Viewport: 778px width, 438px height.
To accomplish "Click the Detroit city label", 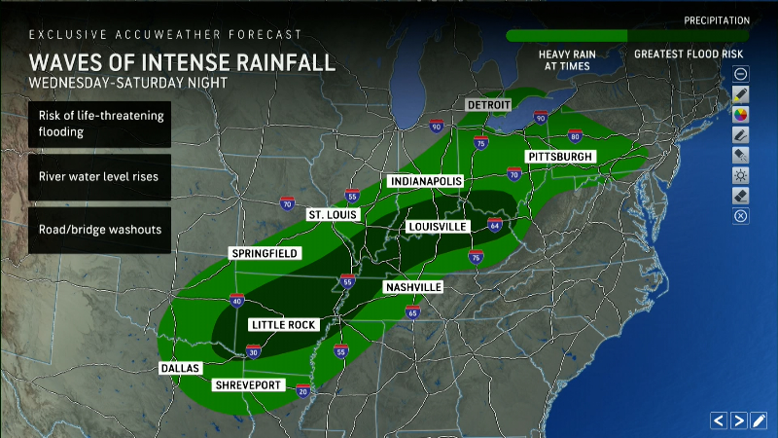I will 490,104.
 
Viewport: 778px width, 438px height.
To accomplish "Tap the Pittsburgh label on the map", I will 559,156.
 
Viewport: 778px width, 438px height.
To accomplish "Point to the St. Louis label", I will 334,214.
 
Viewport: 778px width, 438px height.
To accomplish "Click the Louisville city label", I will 438,227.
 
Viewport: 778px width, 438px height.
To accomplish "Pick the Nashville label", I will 413,287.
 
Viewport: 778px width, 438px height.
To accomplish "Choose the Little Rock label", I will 283,324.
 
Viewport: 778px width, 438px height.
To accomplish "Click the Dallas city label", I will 180,368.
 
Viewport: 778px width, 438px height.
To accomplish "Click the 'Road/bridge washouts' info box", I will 99,230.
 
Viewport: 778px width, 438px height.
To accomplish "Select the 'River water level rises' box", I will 99,177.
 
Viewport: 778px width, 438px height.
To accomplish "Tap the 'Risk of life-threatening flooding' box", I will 99,124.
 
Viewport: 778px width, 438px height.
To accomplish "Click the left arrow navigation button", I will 719,420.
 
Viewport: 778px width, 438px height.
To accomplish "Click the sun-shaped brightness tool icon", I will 741,175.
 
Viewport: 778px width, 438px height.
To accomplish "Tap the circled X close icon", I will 741,216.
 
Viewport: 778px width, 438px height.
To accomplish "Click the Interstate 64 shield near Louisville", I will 495,226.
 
